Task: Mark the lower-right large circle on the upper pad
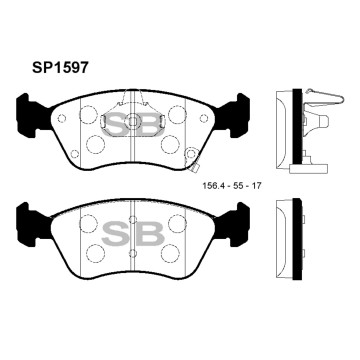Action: tap(176, 142)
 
